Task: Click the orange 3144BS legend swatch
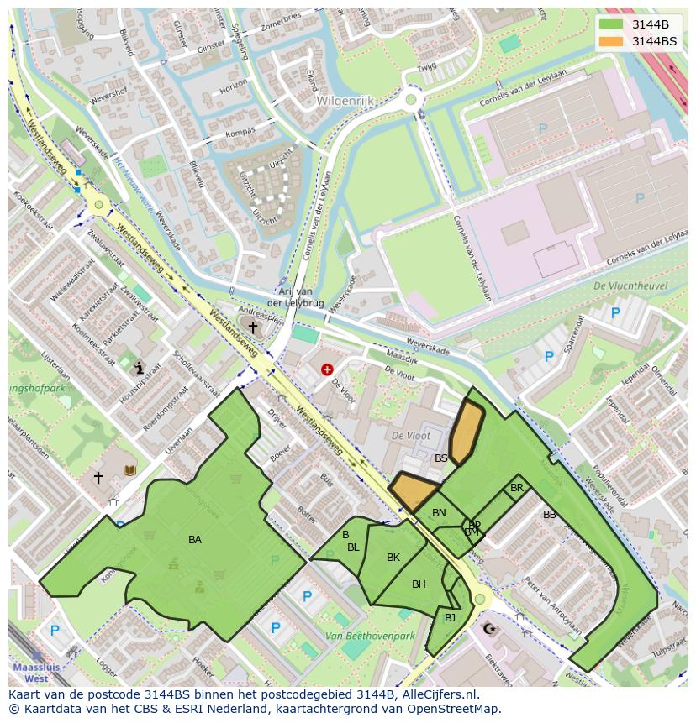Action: (x=613, y=40)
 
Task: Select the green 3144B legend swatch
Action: (x=613, y=24)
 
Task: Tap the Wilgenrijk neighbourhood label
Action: (x=345, y=101)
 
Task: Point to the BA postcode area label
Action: (x=195, y=540)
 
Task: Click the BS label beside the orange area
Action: (x=441, y=458)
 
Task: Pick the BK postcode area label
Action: (x=393, y=557)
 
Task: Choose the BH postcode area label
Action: (x=419, y=584)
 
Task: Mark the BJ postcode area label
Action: (x=450, y=618)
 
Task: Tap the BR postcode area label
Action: (x=517, y=488)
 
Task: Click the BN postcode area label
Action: (x=439, y=513)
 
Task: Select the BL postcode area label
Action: (x=353, y=547)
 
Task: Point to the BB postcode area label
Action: (x=550, y=515)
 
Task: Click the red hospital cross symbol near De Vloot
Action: (x=327, y=369)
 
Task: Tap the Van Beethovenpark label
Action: (x=371, y=637)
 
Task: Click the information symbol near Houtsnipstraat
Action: (x=140, y=367)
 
